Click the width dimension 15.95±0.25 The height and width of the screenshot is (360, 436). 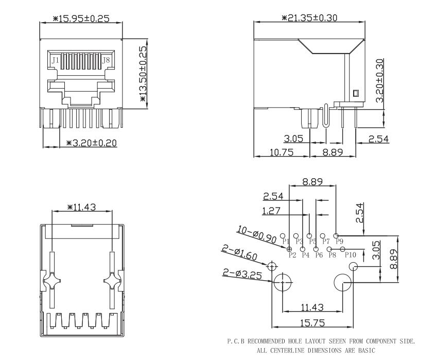[x=82, y=19]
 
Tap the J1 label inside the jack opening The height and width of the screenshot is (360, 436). [x=55, y=60]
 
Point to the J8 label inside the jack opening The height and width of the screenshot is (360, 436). [x=107, y=60]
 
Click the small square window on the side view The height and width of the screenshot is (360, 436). [x=355, y=94]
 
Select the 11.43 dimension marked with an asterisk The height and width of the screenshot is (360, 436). [x=82, y=207]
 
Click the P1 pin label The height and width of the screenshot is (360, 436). [x=286, y=241]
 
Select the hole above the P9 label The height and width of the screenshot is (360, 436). [x=336, y=234]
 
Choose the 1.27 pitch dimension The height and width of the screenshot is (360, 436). [x=271, y=211]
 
